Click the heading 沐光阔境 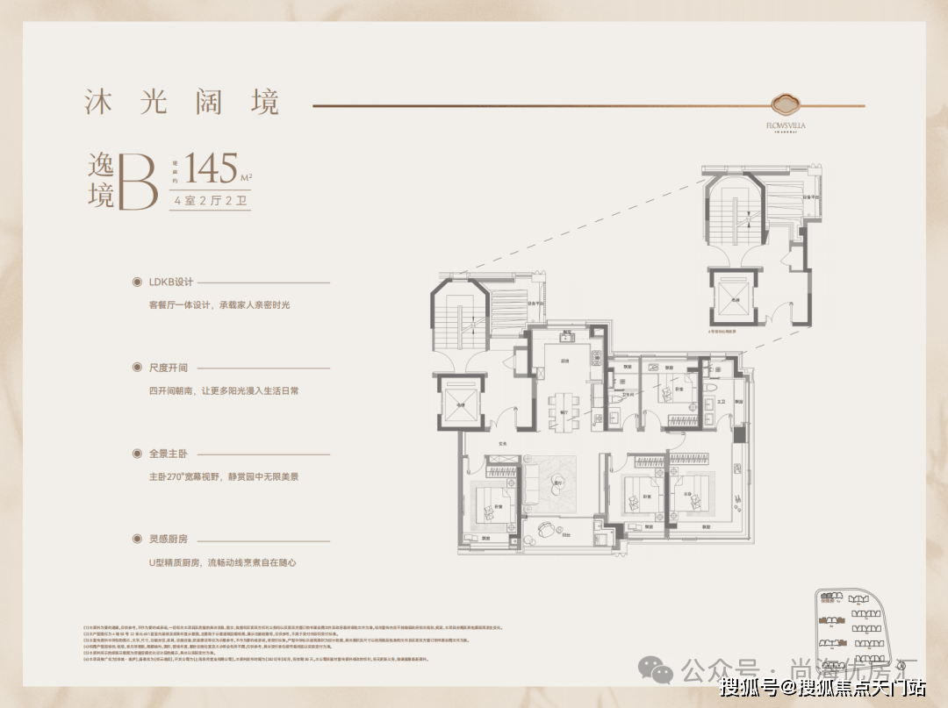tap(182, 102)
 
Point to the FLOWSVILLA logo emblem tap(786, 104)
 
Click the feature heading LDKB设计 tap(170, 282)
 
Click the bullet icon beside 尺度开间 tap(136, 368)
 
